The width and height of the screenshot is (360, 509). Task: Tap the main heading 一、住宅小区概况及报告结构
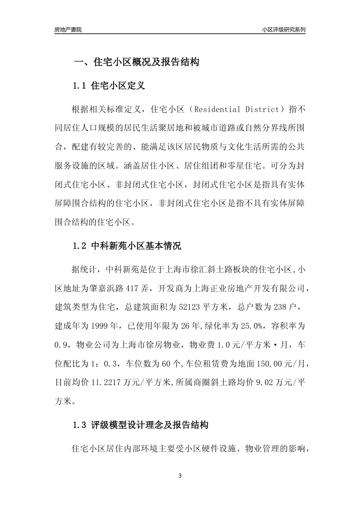[x=136, y=62]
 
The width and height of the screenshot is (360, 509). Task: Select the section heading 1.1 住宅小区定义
[x=108, y=86]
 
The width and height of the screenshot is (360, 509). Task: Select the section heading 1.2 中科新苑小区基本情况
[x=127, y=246]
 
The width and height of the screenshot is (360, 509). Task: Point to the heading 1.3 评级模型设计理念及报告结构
[x=140, y=425]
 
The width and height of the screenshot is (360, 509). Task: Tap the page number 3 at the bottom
[x=180, y=476]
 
